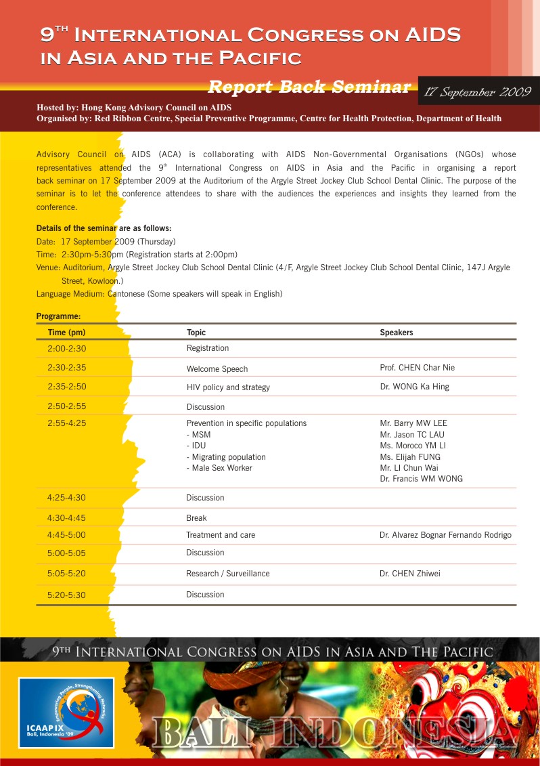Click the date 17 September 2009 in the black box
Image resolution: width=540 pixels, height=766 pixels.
click(478, 92)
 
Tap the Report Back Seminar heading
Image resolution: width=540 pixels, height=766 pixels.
click(309, 87)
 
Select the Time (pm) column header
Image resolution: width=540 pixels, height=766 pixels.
click(66, 333)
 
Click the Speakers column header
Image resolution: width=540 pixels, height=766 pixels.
click(397, 333)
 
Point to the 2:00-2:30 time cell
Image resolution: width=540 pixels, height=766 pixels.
click(66, 348)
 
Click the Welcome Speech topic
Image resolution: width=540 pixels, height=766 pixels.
click(217, 369)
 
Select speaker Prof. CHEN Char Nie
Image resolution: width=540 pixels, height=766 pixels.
click(418, 368)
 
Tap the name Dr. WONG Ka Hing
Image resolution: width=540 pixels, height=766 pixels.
click(414, 387)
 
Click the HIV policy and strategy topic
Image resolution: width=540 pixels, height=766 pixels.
click(228, 387)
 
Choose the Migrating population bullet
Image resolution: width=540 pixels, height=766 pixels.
click(226, 457)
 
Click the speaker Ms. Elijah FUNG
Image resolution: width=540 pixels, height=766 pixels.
click(410, 457)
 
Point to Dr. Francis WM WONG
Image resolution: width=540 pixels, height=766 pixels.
click(422, 479)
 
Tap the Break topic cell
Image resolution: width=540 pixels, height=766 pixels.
click(196, 518)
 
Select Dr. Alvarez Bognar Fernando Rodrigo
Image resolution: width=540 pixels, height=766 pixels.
click(445, 535)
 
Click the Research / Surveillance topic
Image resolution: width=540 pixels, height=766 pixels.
click(228, 574)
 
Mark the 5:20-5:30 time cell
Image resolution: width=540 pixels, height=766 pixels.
click(66, 594)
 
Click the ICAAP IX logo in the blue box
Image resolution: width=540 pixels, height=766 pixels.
click(66, 712)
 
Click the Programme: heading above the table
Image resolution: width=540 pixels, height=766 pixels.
click(58, 316)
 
